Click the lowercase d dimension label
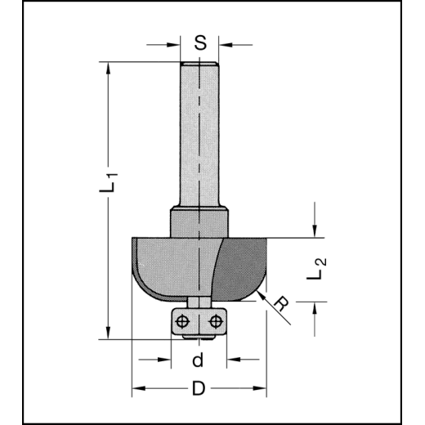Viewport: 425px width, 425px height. pyautogui.click(x=199, y=360)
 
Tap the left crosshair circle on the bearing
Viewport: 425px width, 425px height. pyautogui.click(x=181, y=320)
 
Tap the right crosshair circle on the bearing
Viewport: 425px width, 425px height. pyautogui.click(x=216, y=320)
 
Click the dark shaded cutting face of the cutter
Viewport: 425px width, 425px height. pyautogui.click(x=241, y=266)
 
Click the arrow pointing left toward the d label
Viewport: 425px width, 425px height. pyautogui.click(x=232, y=360)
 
